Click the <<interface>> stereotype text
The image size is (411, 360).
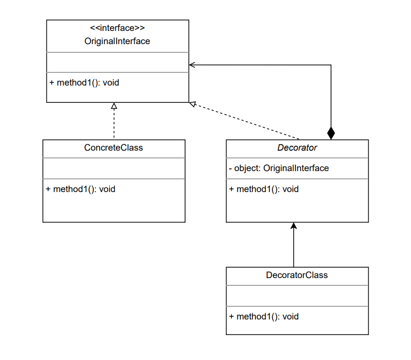[x=117, y=28]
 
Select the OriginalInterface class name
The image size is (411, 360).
[x=117, y=41]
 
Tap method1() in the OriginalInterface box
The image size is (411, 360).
[x=84, y=83]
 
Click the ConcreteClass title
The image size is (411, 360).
[x=114, y=148]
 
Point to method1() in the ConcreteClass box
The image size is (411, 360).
[x=80, y=189]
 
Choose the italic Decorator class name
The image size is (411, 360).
[x=297, y=148]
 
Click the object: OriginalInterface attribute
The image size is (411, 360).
[x=279, y=168]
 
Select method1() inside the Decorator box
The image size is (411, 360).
[x=264, y=189]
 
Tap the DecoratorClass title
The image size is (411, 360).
[x=297, y=275]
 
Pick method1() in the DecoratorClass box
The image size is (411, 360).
[x=264, y=317]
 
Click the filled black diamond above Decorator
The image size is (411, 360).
[x=331, y=133]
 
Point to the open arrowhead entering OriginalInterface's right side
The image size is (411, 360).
[x=192, y=65]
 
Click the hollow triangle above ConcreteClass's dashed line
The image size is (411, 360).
[x=114, y=106]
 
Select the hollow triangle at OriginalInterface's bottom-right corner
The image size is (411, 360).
[x=193, y=104]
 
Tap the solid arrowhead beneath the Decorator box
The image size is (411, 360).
[x=294, y=226]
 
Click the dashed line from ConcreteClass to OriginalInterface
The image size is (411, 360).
[x=114, y=124]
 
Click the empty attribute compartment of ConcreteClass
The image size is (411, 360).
[x=114, y=168]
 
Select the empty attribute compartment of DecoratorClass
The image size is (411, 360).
[x=297, y=296]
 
